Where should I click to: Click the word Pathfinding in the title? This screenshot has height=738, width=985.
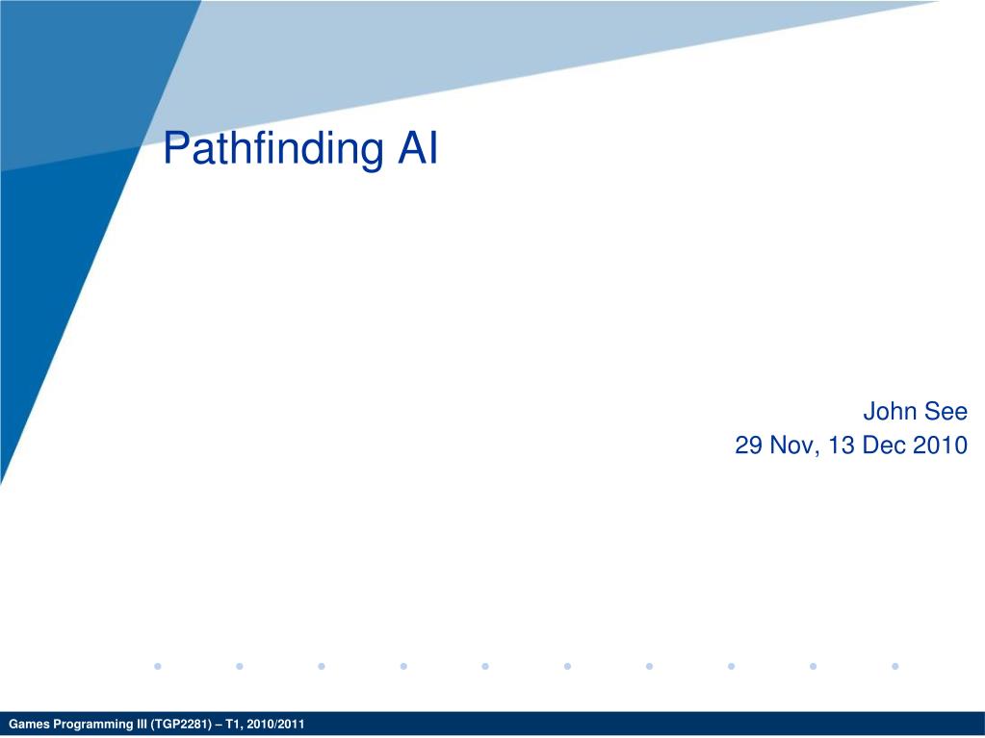click(x=273, y=149)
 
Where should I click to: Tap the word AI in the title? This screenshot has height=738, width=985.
click(x=418, y=148)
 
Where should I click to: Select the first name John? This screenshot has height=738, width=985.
click(x=889, y=412)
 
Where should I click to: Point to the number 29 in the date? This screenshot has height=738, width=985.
click(x=749, y=445)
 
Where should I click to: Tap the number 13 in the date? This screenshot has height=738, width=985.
click(x=842, y=445)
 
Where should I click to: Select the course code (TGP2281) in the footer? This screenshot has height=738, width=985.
click(x=179, y=725)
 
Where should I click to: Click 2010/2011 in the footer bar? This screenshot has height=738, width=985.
click(x=275, y=725)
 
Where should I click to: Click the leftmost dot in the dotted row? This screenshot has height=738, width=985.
click(x=158, y=666)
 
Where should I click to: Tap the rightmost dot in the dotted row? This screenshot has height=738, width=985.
click(x=895, y=666)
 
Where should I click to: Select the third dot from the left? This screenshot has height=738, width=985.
click(x=322, y=666)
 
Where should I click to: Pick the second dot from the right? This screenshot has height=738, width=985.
click(x=813, y=666)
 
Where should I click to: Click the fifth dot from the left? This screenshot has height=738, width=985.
click(x=485, y=666)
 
